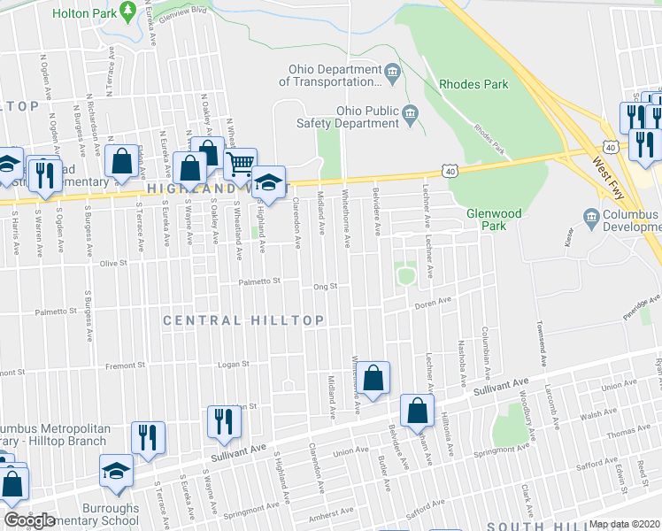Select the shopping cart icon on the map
click(x=240, y=164)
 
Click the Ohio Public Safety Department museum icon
click(x=410, y=113)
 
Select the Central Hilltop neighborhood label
click(x=242, y=319)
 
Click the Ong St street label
click(x=326, y=287)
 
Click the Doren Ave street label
click(x=434, y=304)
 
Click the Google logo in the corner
click(x=29, y=520)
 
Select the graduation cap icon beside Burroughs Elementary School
click(x=116, y=470)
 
